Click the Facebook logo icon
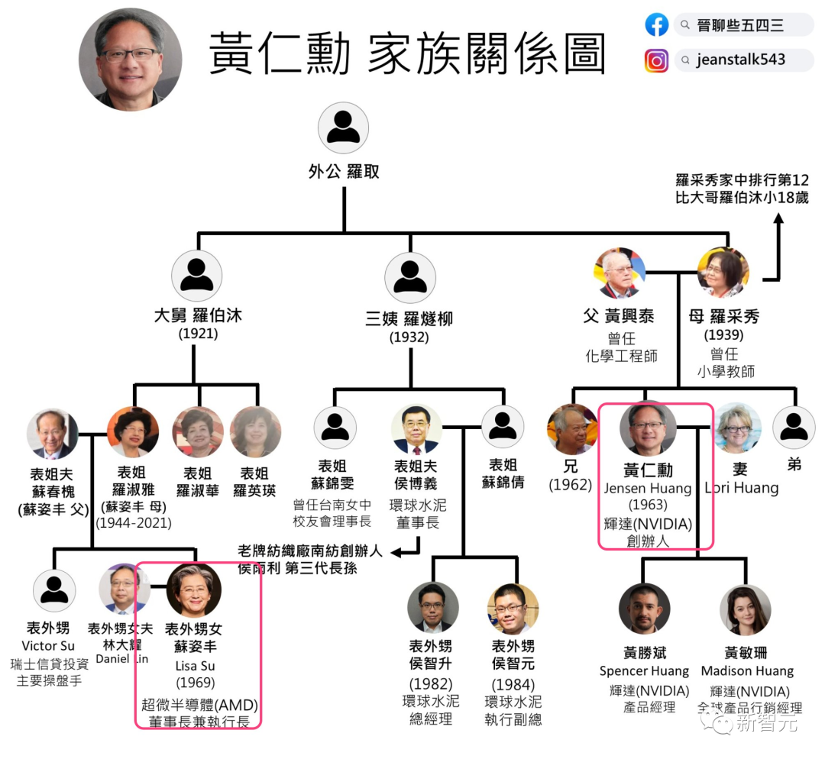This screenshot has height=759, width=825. (x=657, y=25)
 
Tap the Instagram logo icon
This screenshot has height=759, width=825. (x=656, y=60)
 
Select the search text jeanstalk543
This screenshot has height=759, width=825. (x=740, y=60)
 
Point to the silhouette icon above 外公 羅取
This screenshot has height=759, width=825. (x=343, y=128)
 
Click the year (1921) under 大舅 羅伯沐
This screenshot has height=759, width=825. (x=198, y=334)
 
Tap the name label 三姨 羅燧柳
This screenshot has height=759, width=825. (x=409, y=318)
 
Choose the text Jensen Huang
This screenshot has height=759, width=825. (x=647, y=488)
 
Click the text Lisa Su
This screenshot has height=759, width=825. (x=196, y=666)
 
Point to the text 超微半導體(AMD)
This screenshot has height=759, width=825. (x=199, y=704)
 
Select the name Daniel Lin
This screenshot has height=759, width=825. (x=122, y=659)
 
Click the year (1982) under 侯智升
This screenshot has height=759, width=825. (x=431, y=683)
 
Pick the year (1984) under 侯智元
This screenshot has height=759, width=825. (x=513, y=683)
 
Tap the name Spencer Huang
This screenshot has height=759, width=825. (x=644, y=671)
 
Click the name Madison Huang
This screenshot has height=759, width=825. (x=747, y=671)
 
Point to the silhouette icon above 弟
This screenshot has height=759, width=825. (x=794, y=428)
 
